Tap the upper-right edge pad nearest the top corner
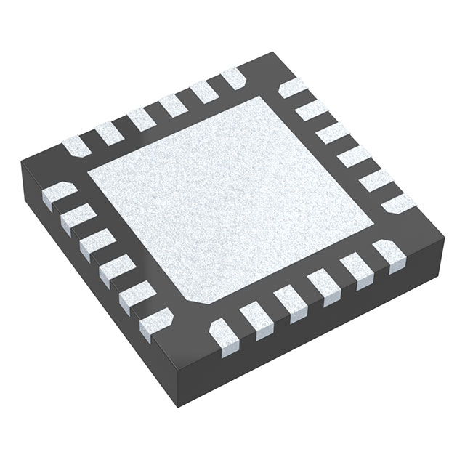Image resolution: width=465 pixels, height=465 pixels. (291, 88)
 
